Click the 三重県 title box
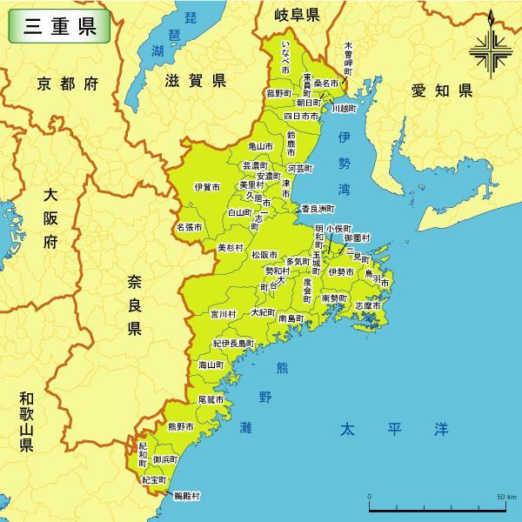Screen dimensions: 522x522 tap(60, 26)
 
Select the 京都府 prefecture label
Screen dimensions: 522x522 tap(67, 84)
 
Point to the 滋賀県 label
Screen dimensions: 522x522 tap(195, 81)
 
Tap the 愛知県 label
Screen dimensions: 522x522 tap(441, 90)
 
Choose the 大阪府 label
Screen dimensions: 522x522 tap(50, 218)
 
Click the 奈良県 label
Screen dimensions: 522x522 tap(134, 304)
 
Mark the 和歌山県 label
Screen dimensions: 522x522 tap(26, 422)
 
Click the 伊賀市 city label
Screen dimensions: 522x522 tap(207, 187)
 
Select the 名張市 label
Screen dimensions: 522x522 tap(190, 227)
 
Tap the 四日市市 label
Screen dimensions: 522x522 tap(302, 116)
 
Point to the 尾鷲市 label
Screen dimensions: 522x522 tap(211, 399)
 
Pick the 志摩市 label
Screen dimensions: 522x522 tap(368, 306)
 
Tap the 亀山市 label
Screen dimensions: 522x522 tap(260, 147)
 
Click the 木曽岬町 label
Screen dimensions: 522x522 tap(349, 57)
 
